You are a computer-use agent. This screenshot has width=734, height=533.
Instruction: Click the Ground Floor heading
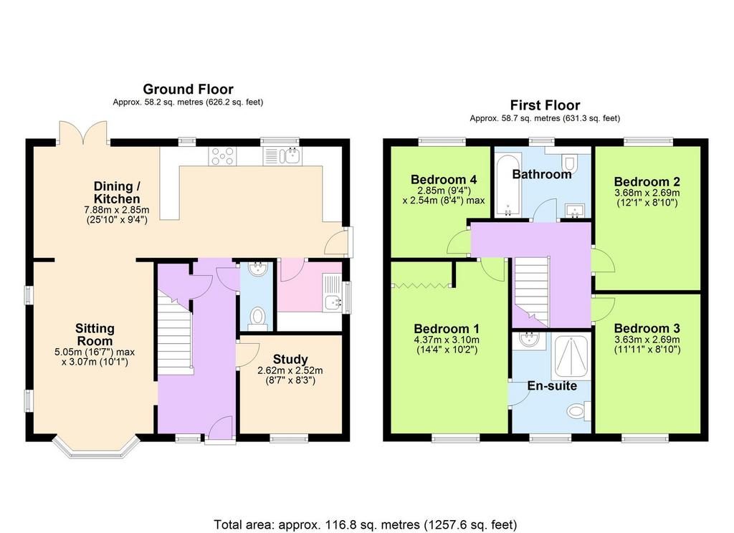pos(188,89)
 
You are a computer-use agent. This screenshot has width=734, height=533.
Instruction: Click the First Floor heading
pos(545,105)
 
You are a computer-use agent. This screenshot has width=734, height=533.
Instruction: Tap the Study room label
pos(290,360)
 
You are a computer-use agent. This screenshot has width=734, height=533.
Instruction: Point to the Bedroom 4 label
pos(443,179)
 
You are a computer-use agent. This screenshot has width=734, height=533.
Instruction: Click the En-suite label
pos(552,385)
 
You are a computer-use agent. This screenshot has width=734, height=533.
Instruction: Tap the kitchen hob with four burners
pos(223,156)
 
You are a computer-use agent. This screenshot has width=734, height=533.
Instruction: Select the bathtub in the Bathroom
pos(508,184)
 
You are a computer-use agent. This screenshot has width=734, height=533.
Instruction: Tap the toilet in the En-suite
pos(579,412)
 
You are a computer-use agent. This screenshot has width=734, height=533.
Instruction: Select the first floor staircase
pos(532,291)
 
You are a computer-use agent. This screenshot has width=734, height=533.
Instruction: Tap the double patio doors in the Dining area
pos(83,133)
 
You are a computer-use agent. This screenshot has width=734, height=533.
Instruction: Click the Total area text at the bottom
pos(366,524)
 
